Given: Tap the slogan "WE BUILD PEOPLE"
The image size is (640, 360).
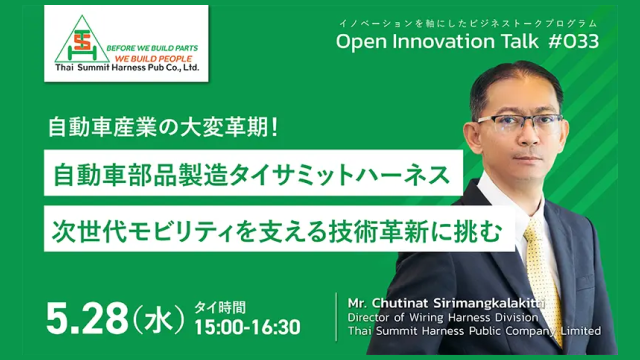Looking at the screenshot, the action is (x=153, y=58).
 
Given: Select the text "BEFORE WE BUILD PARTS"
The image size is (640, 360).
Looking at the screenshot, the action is (x=152, y=48).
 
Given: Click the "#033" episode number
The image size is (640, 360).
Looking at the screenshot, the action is (x=573, y=41).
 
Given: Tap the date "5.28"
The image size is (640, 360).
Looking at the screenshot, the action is (x=87, y=317).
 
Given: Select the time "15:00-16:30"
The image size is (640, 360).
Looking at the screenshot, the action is (x=247, y=327).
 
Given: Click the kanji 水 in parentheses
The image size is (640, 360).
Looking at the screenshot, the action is (x=159, y=319).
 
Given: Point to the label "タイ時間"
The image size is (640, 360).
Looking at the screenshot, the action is (x=220, y=307).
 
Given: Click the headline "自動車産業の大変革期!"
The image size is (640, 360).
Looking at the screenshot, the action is (x=163, y=127).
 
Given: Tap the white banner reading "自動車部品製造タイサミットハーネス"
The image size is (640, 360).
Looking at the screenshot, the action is (x=253, y=173).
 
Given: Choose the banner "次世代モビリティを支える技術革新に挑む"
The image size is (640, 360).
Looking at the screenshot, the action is (x=279, y=228).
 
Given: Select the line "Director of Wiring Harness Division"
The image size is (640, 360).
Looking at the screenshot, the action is (x=443, y=317).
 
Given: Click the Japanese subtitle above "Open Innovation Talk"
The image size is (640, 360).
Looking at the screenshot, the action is (x=468, y=23).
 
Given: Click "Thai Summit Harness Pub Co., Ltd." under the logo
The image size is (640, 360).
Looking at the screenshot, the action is (x=127, y=67).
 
